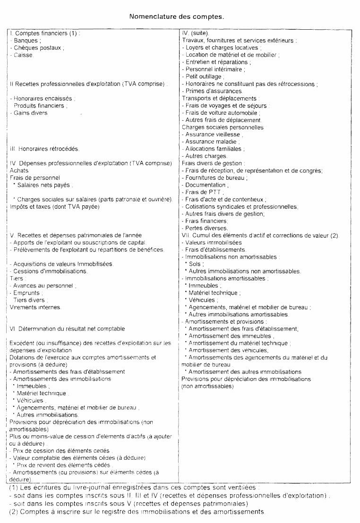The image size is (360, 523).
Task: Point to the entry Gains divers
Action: pyautogui.click(x=31, y=113)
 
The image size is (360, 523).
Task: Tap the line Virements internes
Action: pyautogui.click(x=35, y=307)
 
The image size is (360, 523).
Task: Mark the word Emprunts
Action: pyautogui.click(x=28, y=293)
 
